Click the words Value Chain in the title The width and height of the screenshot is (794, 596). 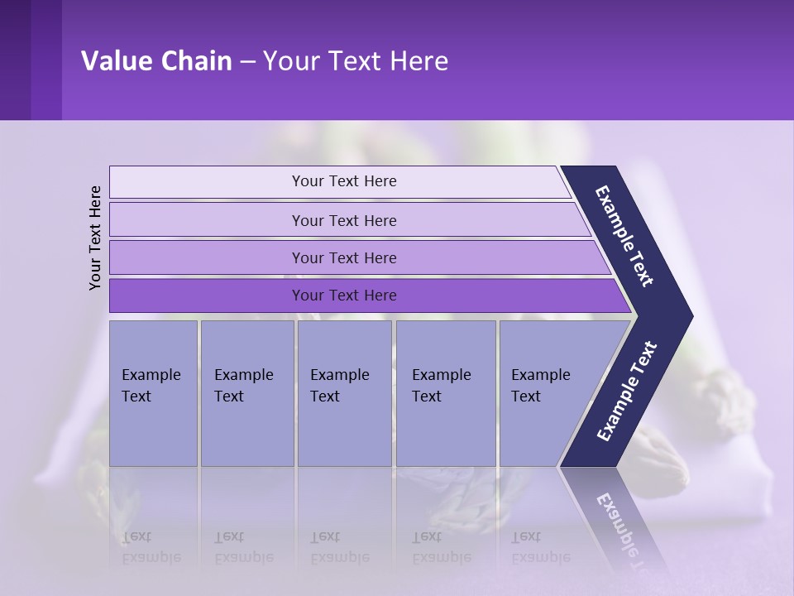tap(156, 61)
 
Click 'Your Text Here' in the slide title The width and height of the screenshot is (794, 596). tap(356, 61)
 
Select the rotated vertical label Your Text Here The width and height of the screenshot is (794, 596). tap(95, 238)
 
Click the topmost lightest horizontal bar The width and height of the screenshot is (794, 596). tap(343, 181)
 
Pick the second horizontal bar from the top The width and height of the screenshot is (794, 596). tap(343, 220)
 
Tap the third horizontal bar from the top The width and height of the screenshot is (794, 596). tap(343, 257)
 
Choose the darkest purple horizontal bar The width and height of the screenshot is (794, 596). tap(343, 296)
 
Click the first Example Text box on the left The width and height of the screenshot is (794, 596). tap(152, 392)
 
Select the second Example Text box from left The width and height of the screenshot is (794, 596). tap(246, 392)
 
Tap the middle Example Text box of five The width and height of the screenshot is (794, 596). tap(343, 392)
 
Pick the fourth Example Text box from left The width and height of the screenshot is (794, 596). tap(445, 392)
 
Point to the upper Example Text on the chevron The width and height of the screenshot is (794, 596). tap(625, 237)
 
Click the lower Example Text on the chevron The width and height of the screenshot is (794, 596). tap(627, 391)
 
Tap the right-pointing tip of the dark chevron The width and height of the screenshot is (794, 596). tap(688, 316)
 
